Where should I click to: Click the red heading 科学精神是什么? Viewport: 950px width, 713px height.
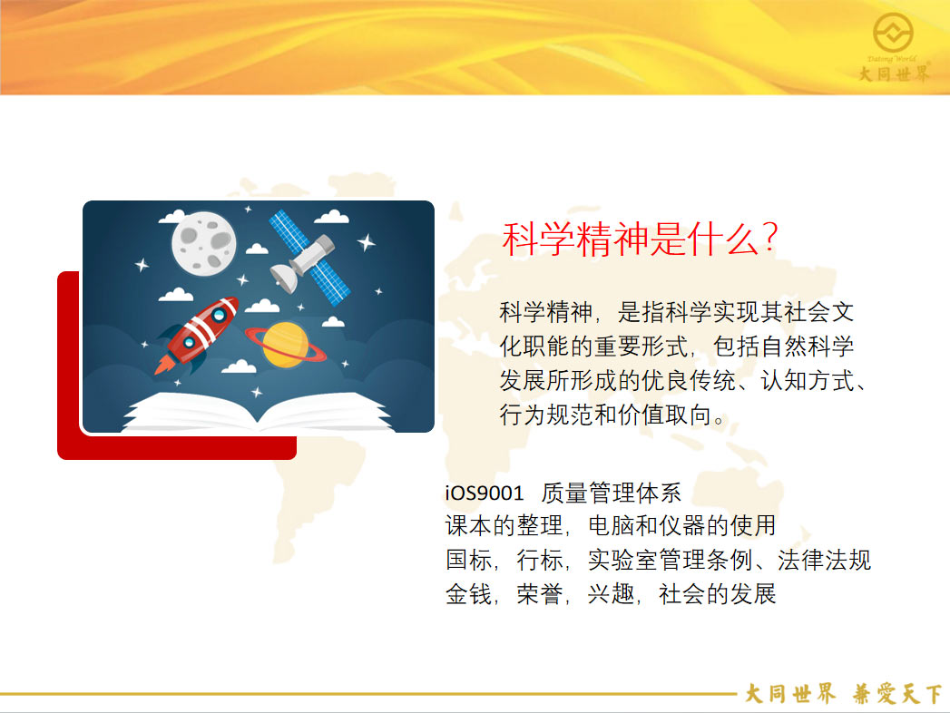click(x=640, y=238)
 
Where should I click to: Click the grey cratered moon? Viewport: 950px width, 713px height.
click(x=203, y=243)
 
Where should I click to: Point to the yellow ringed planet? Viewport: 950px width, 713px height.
click(x=286, y=345)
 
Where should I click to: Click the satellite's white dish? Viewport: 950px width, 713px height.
click(x=283, y=278)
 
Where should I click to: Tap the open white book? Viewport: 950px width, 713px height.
click(x=258, y=412)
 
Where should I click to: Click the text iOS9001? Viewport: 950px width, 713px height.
click(x=485, y=493)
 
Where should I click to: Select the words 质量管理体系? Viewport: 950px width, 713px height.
click(x=612, y=493)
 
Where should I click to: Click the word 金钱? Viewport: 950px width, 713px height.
click(x=468, y=593)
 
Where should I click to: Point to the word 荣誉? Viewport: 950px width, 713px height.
click(x=539, y=593)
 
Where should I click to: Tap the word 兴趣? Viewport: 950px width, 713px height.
click(x=611, y=593)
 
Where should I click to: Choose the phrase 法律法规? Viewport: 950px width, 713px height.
click(x=824, y=560)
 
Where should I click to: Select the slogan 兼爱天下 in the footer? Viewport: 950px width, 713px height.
click(x=896, y=694)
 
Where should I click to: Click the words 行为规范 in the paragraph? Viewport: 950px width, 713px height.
click(x=546, y=415)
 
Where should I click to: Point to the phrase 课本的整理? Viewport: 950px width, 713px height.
click(x=504, y=526)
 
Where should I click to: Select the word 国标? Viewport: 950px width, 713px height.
click(x=468, y=560)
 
